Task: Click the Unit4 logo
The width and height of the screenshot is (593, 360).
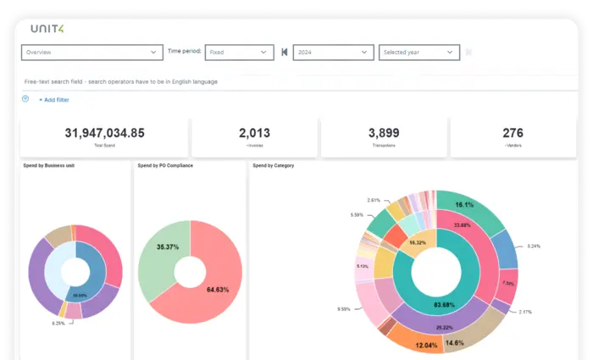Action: [47, 29]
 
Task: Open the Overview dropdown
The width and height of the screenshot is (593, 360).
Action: [91, 52]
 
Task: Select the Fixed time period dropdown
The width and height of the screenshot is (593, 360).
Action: [239, 52]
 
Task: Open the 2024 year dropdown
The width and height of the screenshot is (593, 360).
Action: [333, 52]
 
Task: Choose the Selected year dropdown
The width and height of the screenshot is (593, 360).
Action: [419, 52]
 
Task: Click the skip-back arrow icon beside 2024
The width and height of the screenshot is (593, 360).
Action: [285, 52]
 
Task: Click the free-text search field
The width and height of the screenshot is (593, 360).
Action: [169, 81]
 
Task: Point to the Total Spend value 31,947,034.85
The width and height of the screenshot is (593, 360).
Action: [105, 133]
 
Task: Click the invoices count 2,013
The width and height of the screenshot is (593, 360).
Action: [254, 133]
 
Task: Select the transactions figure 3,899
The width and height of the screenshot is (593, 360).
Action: [384, 133]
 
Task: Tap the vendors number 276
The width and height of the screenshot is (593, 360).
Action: [513, 133]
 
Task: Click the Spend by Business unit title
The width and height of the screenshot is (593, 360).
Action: [49, 165]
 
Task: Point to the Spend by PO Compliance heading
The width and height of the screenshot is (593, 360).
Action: [165, 165]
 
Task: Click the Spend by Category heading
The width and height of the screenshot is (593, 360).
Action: [274, 165]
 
